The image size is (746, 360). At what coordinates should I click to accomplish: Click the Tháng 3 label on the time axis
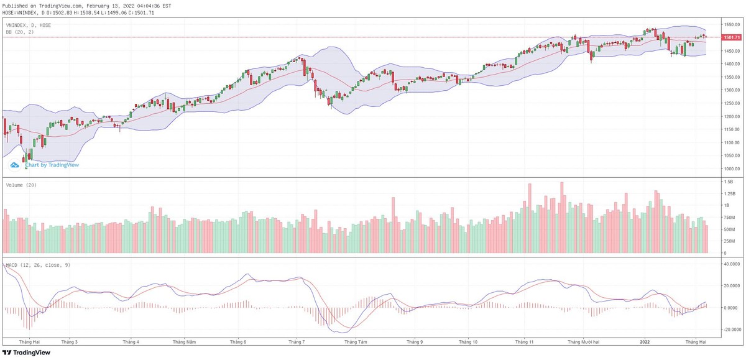pyautogui.click(x=70, y=341)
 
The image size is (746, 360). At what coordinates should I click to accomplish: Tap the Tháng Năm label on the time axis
pyautogui.click(x=185, y=341)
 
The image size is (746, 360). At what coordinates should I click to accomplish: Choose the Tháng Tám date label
pyautogui.click(x=356, y=341)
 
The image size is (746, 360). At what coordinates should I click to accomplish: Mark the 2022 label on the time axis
pyautogui.click(x=645, y=341)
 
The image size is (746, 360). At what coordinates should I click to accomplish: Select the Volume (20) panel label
pyautogui.click(x=20, y=185)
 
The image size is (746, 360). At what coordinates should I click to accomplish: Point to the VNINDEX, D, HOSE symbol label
pyautogui.click(x=29, y=25)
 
